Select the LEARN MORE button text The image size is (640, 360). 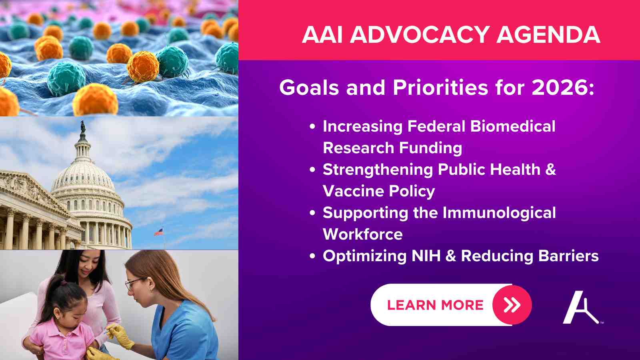click(x=435, y=305)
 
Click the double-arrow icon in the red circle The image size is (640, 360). click(x=512, y=305)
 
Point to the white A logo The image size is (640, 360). click(x=581, y=308)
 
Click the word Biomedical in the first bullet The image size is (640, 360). click(x=513, y=126)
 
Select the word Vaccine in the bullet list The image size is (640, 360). click(x=353, y=191)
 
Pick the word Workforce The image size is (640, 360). click(x=362, y=234)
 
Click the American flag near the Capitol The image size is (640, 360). click(x=159, y=232)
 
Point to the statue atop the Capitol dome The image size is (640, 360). click(x=82, y=126)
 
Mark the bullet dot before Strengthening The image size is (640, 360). click(x=312, y=170)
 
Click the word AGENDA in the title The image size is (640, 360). click(x=548, y=34)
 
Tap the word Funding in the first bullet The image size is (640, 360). click(x=430, y=148)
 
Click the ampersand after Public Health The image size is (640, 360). click(x=550, y=170)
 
